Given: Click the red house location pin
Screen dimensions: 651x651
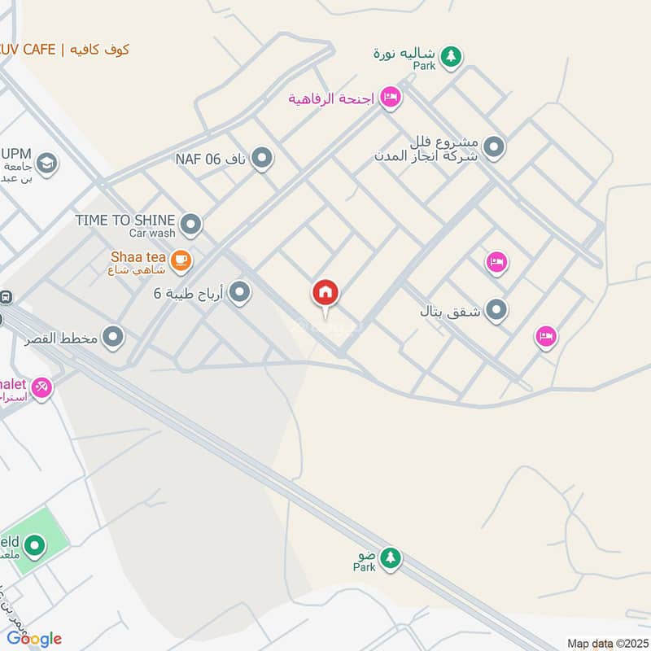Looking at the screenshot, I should point(325,294).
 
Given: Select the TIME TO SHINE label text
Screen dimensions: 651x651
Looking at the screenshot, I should point(125,220).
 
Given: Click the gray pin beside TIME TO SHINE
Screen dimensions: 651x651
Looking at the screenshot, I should point(191,223).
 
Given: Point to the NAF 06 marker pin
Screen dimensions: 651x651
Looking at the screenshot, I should point(261,158).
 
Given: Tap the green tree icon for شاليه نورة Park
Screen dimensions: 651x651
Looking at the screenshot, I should point(452,56).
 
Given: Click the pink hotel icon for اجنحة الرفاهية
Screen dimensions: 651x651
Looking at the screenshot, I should point(391,98).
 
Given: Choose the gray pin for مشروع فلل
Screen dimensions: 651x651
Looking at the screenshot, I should point(493,148).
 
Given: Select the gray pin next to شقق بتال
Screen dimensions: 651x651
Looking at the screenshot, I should point(496,310).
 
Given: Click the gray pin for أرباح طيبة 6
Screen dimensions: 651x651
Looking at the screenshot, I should point(239,291).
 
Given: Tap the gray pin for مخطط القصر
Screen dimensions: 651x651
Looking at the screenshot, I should point(113,335).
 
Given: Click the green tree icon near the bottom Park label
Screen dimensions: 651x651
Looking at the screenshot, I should point(391,557).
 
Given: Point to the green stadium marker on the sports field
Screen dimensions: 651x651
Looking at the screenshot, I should point(34,545).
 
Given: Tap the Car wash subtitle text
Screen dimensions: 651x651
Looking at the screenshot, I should point(151,234).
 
